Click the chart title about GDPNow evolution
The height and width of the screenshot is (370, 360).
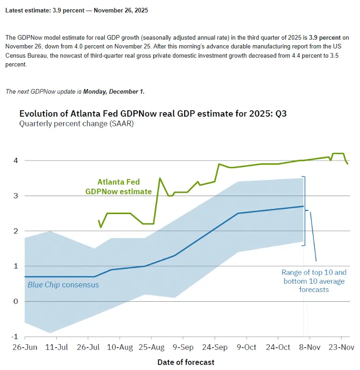pyautogui.click(x=153, y=113)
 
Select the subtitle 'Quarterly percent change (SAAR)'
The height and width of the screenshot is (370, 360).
pyautogui.click(x=76, y=124)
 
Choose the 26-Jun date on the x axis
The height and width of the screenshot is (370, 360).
pyautogui.click(x=24, y=346)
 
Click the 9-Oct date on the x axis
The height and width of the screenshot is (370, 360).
pyautogui.click(x=246, y=346)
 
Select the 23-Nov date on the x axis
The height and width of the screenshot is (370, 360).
pyautogui.click(x=341, y=346)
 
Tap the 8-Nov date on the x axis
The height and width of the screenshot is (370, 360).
pyautogui.click(x=310, y=346)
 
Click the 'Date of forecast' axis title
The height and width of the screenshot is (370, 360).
pyautogui.click(x=186, y=362)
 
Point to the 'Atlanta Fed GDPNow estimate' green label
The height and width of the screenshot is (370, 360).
pyautogui.click(x=118, y=187)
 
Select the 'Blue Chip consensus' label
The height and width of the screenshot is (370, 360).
pyautogui.click(x=63, y=285)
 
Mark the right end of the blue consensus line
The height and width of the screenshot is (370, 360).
pyautogui.click(x=303, y=206)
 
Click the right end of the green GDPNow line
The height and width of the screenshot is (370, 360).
pyautogui.click(x=348, y=164)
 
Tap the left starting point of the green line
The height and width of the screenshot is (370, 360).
pyautogui.click(x=99, y=221)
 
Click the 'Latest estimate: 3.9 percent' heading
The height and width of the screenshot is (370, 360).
pyautogui.click(x=77, y=10)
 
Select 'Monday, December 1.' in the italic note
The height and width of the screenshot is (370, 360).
pyautogui.click(x=114, y=91)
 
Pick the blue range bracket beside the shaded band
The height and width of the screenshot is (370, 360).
pyautogui.click(x=305, y=211)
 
